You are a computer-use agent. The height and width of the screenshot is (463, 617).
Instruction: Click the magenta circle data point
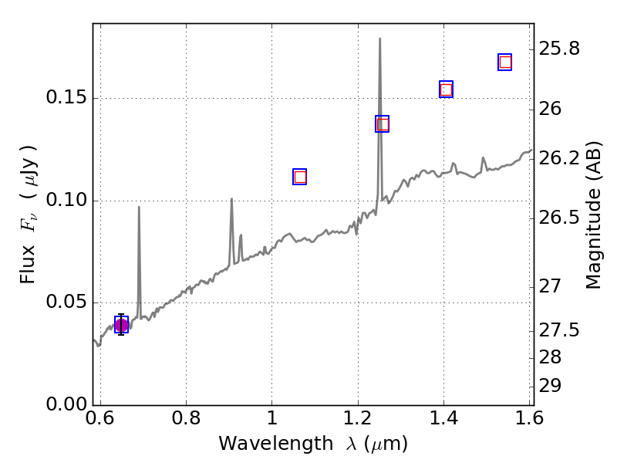[121, 325]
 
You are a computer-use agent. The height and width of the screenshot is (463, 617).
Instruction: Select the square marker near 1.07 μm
[300, 177]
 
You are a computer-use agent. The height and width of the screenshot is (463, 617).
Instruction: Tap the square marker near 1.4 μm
[446, 90]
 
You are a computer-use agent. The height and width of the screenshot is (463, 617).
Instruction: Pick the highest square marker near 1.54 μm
[505, 63]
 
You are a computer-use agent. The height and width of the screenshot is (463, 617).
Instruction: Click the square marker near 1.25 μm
[383, 124]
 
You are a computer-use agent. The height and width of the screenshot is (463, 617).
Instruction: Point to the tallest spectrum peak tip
[379, 39]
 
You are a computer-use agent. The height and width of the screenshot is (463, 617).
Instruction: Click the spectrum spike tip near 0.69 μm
[139, 207]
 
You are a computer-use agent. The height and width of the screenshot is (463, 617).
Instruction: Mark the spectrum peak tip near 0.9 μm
[231, 199]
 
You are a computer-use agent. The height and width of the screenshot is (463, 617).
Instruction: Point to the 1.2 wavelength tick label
[358, 420]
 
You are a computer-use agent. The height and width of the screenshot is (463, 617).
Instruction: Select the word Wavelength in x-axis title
[261, 444]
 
